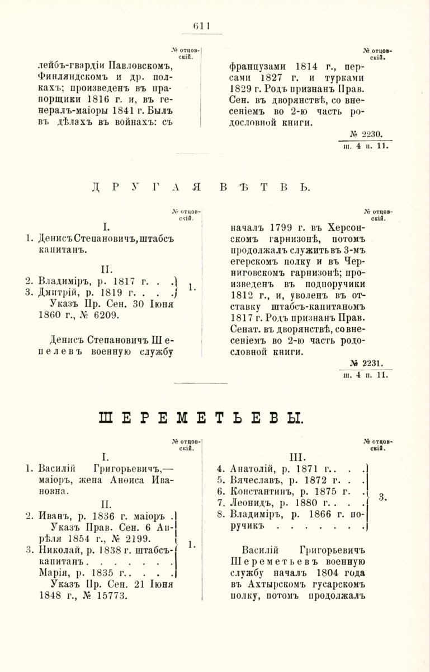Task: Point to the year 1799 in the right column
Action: pos(281,228)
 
